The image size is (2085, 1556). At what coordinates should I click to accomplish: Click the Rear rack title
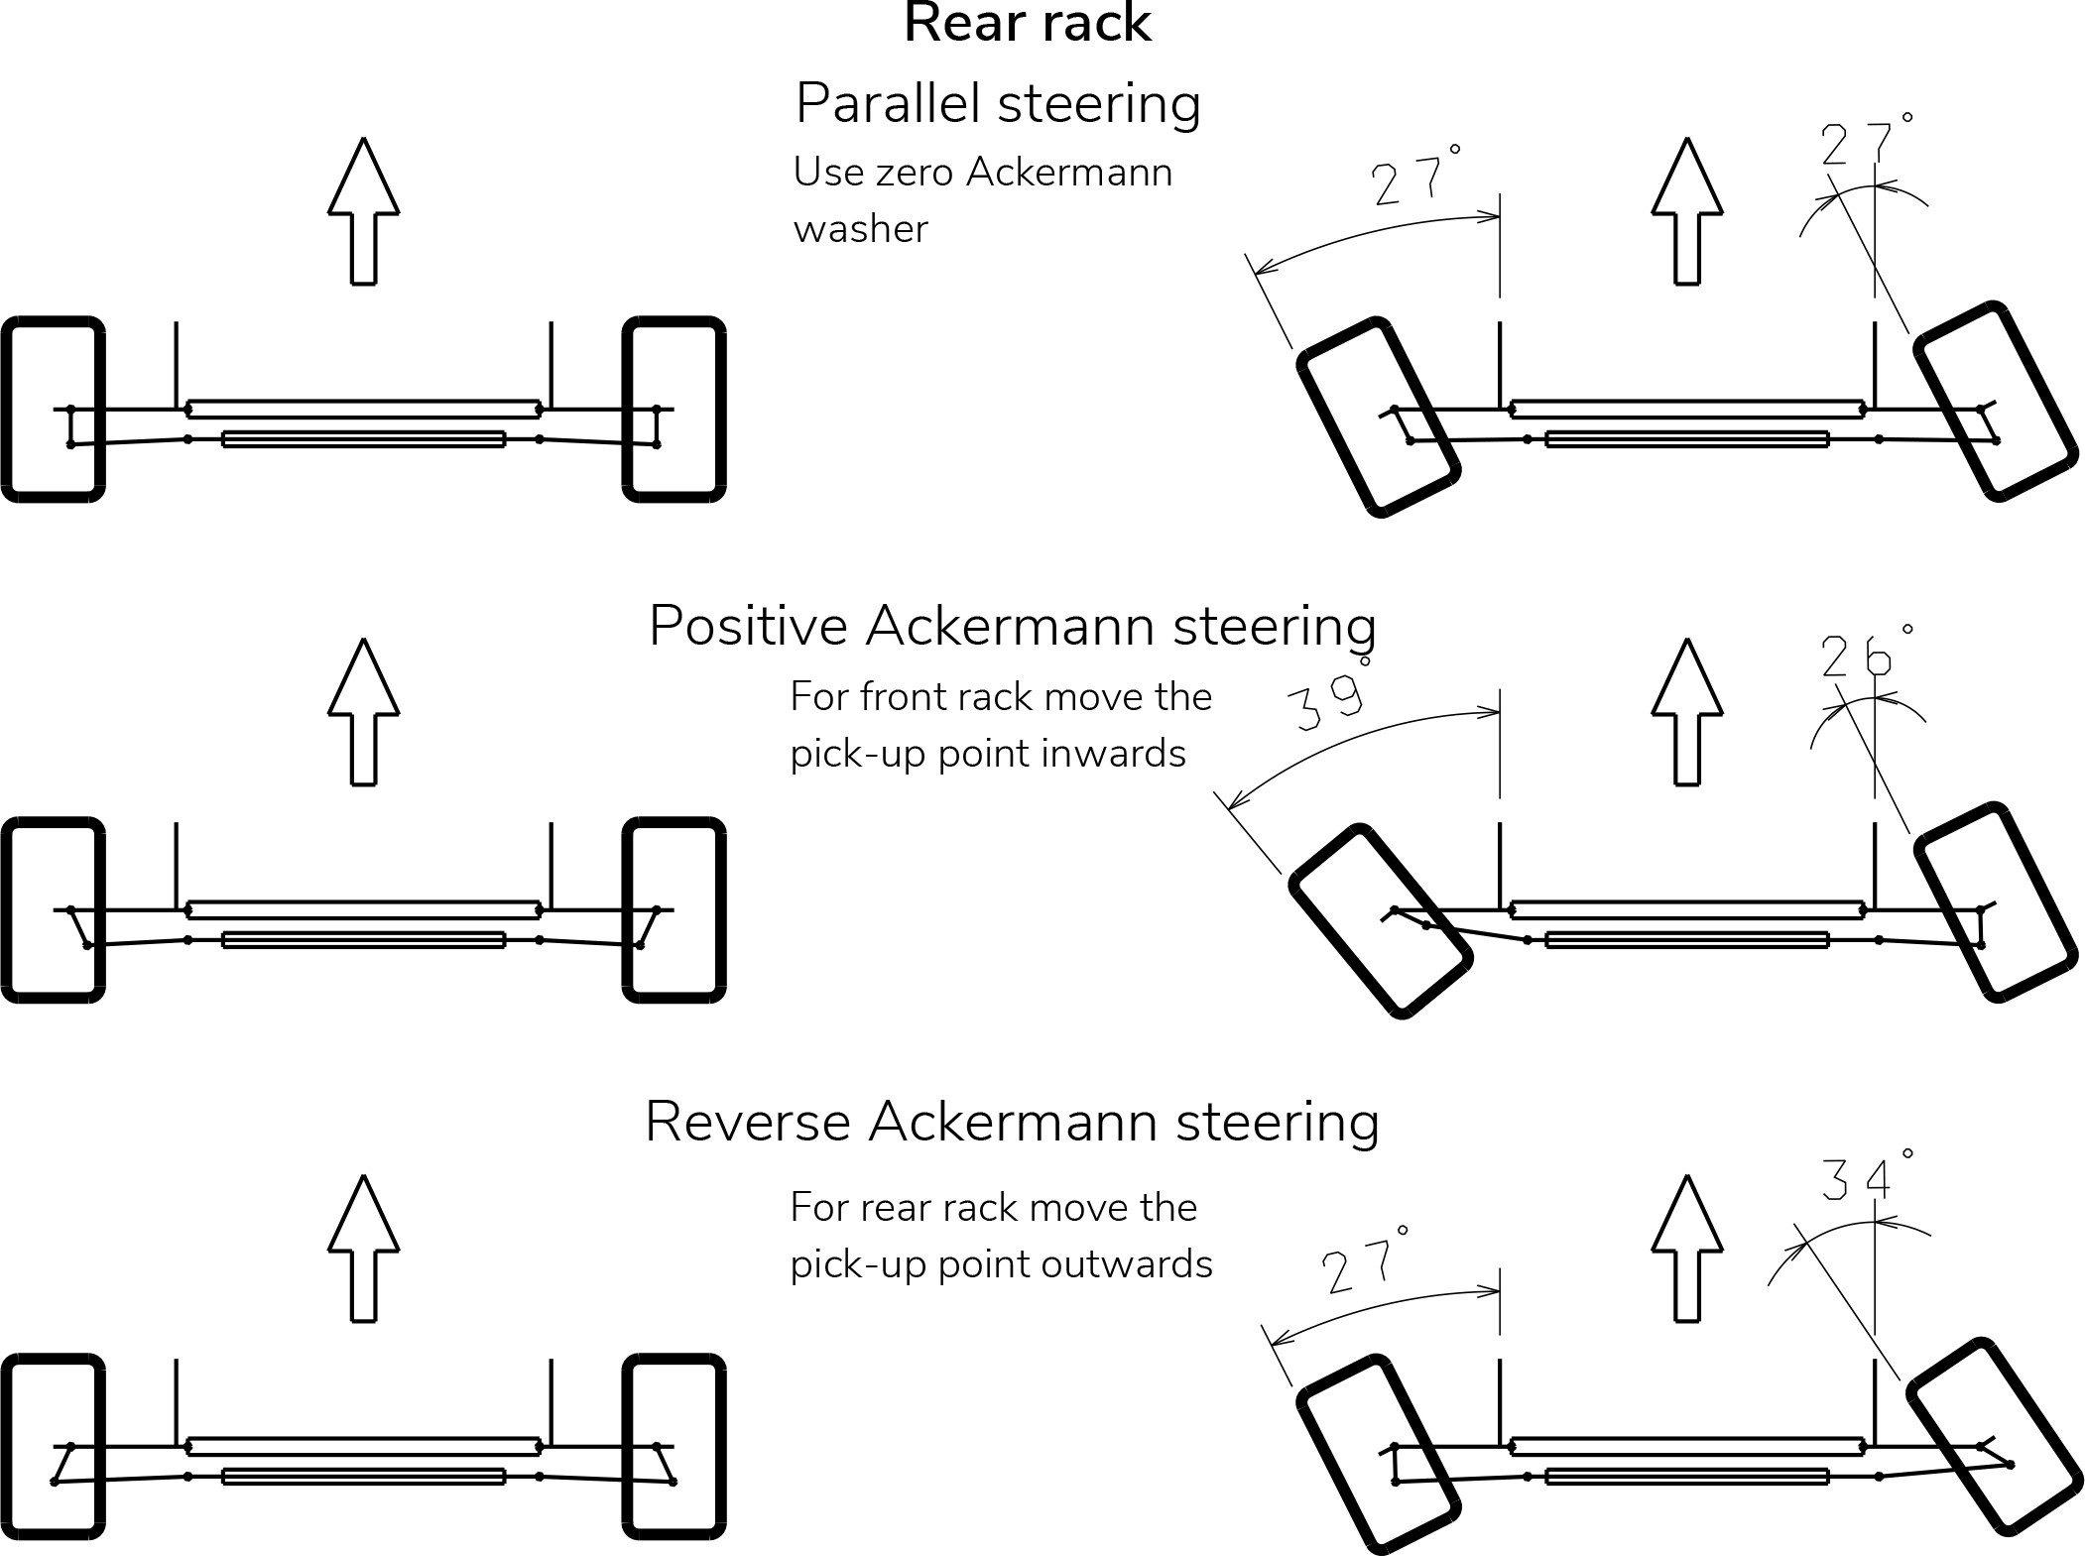click(1027, 24)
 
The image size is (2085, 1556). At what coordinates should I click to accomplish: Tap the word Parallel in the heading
click(889, 103)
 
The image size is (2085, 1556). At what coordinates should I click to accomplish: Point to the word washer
click(860, 229)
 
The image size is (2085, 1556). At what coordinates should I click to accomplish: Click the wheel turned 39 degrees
click(1380, 921)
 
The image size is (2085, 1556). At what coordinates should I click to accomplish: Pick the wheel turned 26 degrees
click(1995, 902)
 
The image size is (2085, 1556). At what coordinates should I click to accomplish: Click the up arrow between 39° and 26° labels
click(1687, 711)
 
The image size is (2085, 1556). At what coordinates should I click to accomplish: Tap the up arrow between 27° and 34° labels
click(1687, 1248)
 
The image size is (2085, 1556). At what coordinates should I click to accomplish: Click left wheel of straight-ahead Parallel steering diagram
click(54, 410)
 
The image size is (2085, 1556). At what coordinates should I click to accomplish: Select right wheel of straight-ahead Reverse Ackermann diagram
click(675, 1446)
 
